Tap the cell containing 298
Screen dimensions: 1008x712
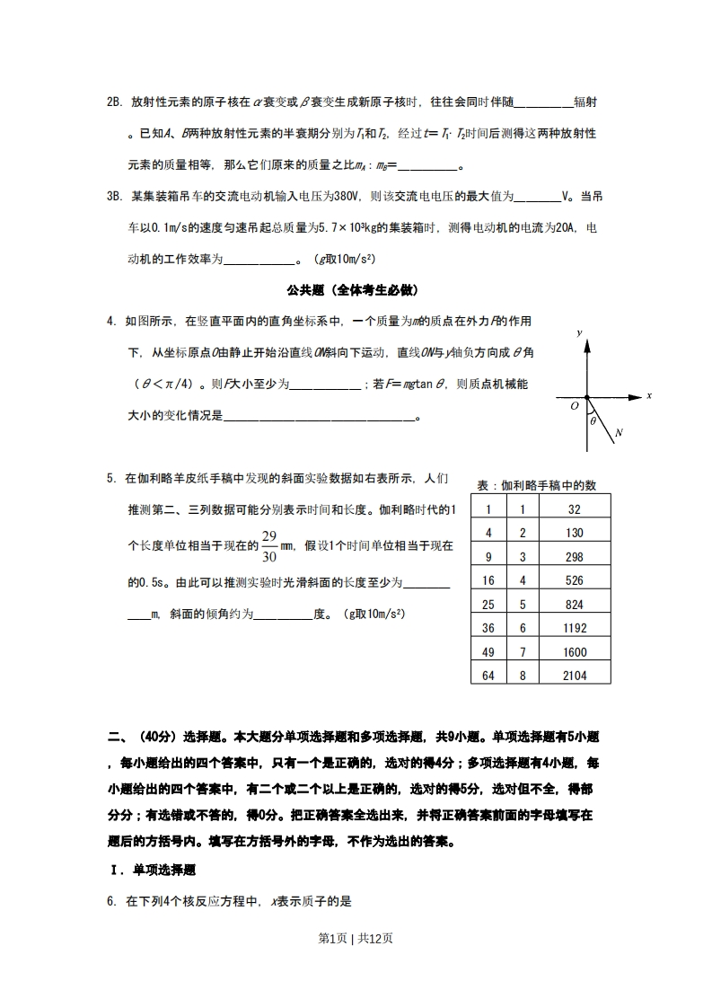(575, 557)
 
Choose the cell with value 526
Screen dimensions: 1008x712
(575, 580)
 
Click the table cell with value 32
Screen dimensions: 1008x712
(575, 509)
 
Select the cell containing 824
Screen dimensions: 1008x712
(575, 605)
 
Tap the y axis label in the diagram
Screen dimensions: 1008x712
(580, 333)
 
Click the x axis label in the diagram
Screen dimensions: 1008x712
(648, 395)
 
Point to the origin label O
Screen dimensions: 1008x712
(575, 406)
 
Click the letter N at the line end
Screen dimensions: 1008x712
(620, 433)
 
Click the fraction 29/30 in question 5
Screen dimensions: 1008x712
(268, 545)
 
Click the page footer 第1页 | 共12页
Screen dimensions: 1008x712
(356, 938)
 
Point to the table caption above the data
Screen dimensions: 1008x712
(536, 485)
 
